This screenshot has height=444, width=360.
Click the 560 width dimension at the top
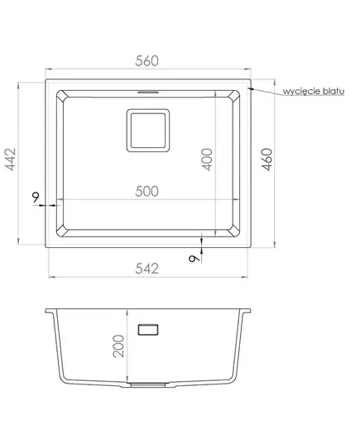146,61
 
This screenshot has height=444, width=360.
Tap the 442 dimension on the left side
11,159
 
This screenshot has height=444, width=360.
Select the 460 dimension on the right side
266,159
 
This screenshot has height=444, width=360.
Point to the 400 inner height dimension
207,159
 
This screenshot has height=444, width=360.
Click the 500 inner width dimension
146,192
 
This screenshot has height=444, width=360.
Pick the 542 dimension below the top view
146,269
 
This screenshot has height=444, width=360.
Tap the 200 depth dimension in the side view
118,346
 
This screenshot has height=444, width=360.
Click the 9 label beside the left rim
36,197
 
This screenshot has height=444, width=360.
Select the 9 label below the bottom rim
194,259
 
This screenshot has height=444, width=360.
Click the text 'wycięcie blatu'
313,91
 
